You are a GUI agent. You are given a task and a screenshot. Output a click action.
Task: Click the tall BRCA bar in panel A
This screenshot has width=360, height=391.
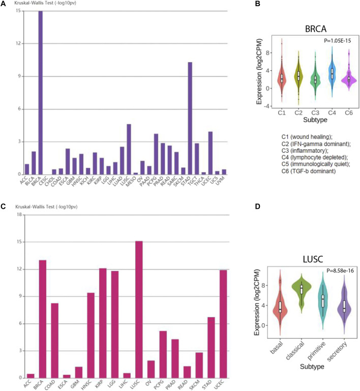coord(41,92)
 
